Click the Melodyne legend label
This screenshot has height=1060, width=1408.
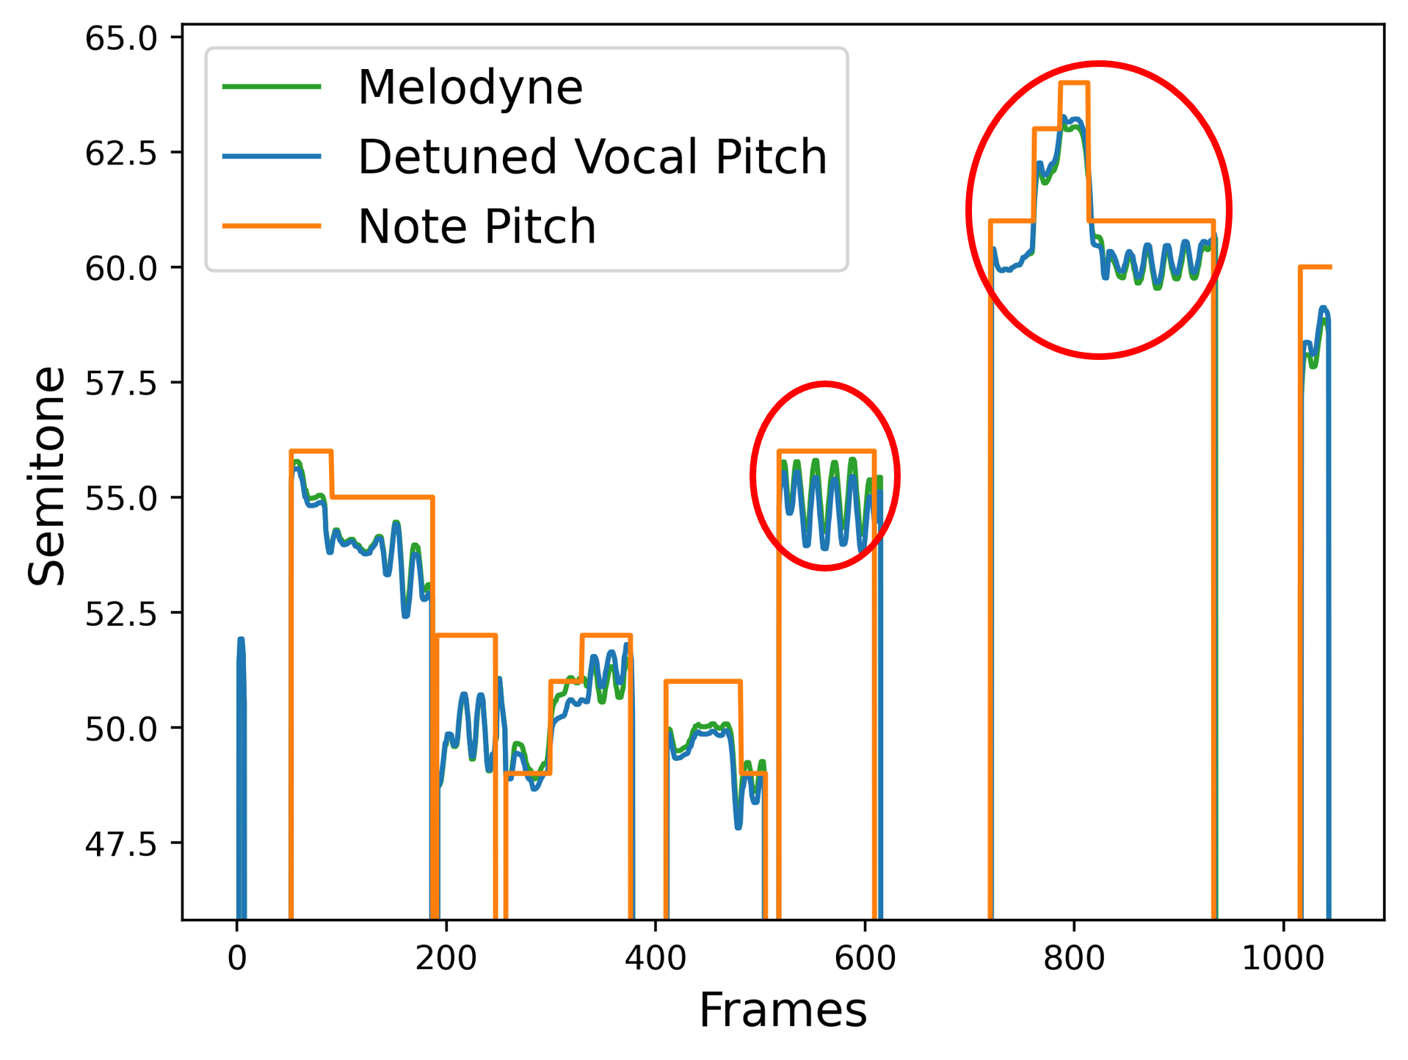(470, 87)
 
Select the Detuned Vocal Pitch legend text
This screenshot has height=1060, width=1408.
(592, 156)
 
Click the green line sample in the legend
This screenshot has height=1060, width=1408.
(272, 87)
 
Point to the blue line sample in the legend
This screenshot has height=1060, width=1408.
(272, 156)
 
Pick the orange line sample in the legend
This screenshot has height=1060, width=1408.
(272, 226)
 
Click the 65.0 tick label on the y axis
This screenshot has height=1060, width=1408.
(121, 38)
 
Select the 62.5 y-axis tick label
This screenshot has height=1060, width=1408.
(121, 154)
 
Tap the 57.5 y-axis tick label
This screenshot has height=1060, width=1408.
(121, 383)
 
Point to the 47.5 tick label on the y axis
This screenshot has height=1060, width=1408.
(121, 844)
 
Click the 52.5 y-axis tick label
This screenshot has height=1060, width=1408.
(121, 614)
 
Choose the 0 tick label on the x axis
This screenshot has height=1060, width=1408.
(236, 959)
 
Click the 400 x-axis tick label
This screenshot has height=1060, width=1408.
(655, 959)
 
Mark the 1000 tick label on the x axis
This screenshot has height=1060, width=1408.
(1282, 959)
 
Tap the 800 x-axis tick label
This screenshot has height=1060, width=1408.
(1073, 959)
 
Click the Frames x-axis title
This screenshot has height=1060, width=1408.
(783, 1011)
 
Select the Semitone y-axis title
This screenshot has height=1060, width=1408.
(46, 475)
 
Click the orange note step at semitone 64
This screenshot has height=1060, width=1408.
(1074, 83)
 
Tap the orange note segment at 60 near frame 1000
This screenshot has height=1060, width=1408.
(1315, 267)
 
